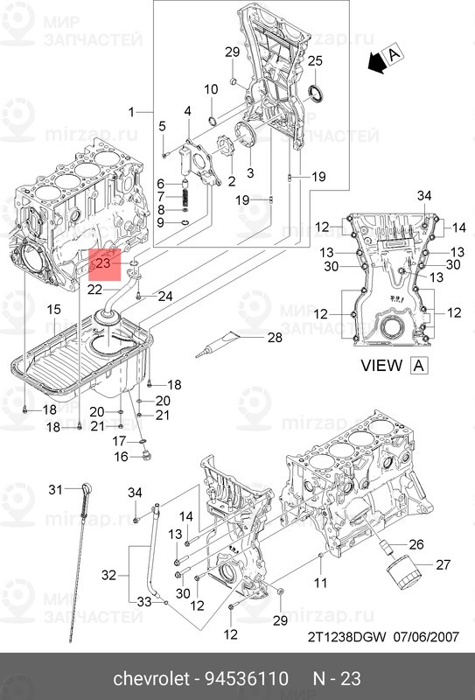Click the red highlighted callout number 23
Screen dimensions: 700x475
click(x=103, y=262)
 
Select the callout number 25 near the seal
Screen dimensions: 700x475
click(x=316, y=60)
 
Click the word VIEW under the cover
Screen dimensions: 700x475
click(x=381, y=366)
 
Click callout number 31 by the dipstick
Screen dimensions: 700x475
click(x=55, y=489)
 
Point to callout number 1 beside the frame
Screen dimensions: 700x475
click(x=132, y=112)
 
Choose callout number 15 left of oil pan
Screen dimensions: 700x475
click(x=53, y=310)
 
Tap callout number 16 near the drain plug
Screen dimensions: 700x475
click(x=122, y=456)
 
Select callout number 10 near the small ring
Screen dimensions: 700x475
click(x=212, y=89)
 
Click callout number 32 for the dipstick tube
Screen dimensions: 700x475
click(x=109, y=575)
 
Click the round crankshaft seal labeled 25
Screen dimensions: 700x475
click(x=318, y=94)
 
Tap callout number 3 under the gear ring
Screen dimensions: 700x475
click(x=250, y=173)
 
